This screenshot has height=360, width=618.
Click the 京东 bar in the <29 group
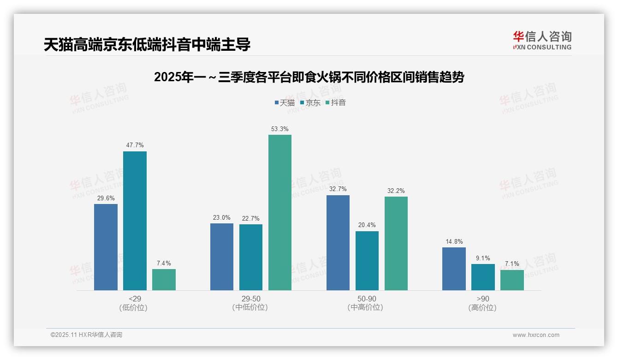pyautogui.click(x=135, y=221)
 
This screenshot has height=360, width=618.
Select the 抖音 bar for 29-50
pyautogui.click(x=280, y=212)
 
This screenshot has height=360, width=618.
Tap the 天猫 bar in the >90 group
pyautogui.click(x=454, y=269)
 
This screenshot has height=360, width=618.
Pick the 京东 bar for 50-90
pyautogui.click(x=367, y=261)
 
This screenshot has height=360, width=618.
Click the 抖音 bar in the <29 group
pyautogui.click(x=164, y=280)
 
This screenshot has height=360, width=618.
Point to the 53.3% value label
pyautogui.click(x=280, y=129)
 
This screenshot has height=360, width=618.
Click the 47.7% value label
pyautogui.click(x=135, y=145)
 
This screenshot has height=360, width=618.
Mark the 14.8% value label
pyautogui.click(x=454, y=242)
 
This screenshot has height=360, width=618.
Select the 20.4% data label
pyautogui.click(x=367, y=225)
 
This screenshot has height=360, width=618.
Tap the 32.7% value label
pyautogui.click(x=338, y=189)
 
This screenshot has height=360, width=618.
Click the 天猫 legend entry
pyautogui.click(x=285, y=102)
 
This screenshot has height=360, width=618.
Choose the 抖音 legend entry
pyautogui.click(x=335, y=102)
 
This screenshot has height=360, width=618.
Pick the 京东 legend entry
pyautogui.click(x=310, y=102)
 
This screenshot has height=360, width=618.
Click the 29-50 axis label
pyautogui.click(x=250, y=299)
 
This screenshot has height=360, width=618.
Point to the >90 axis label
pyautogui.click(x=482, y=299)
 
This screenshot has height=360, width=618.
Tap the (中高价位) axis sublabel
pyautogui.click(x=367, y=307)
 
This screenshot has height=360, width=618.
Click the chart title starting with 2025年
pyautogui.click(x=309, y=77)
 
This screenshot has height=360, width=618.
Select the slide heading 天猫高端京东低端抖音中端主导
pyautogui.click(x=147, y=45)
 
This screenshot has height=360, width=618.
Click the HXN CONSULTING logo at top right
pyautogui.click(x=542, y=41)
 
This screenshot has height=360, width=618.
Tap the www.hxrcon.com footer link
pyautogui.click(x=536, y=335)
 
